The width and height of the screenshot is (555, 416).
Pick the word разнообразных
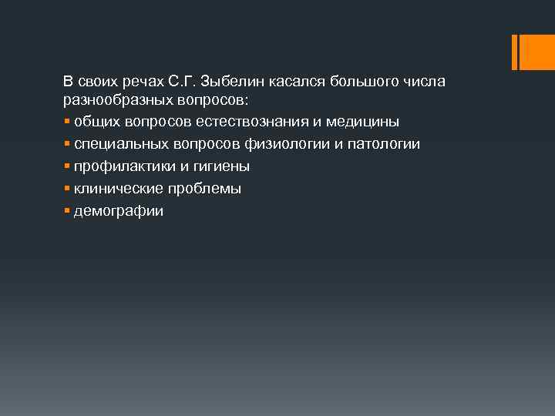pyautogui.click(x=113, y=100)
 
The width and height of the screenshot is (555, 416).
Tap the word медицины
pyautogui.click(x=367, y=122)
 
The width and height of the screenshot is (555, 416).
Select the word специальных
pyautogui.click(x=118, y=145)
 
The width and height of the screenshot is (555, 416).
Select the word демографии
pyautogui.click(x=119, y=211)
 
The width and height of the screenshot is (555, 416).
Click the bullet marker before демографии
pyautogui.click(x=67, y=210)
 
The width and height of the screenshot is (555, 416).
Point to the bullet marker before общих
pyautogui.click(x=67, y=122)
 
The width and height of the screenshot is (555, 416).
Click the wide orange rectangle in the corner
pyautogui.click(x=533, y=52)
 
